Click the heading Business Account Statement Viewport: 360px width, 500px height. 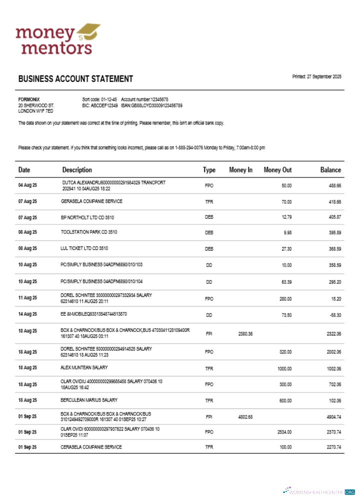75,79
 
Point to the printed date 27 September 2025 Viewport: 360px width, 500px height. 316,76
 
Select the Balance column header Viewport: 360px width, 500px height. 330,170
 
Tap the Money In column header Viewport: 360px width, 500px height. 240,170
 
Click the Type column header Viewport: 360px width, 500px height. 209,170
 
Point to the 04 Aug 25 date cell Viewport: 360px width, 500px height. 27,185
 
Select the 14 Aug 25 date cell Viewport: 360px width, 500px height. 27,315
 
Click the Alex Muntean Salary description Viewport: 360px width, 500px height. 84,367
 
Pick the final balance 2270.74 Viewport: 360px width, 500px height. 333,447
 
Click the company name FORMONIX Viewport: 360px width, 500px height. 29,99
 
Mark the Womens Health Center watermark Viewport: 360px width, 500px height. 319,492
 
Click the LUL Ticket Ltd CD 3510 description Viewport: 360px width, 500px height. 84,248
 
